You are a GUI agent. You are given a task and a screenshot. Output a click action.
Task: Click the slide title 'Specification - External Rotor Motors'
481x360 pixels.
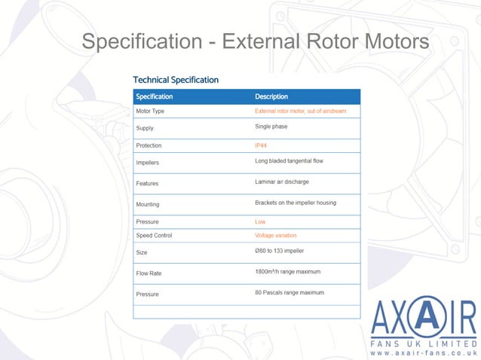click(x=255, y=41)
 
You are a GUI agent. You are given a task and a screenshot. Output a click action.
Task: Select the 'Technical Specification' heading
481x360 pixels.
click(x=176, y=79)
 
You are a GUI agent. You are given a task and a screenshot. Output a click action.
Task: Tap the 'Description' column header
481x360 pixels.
click(x=271, y=96)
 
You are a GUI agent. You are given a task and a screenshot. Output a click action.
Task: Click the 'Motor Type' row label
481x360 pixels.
click(x=150, y=111)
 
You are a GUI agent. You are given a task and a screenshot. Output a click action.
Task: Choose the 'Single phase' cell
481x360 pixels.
click(x=271, y=127)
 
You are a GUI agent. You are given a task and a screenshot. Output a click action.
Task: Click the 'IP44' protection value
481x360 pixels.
click(x=262, y=145)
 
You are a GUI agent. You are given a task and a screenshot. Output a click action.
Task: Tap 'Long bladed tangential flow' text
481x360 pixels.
click(x=289, y=161)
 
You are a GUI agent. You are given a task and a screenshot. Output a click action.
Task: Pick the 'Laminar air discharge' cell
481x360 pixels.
click(x=282, y=182)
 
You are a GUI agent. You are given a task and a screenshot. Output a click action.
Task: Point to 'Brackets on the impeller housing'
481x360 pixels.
click(x=296, y=202)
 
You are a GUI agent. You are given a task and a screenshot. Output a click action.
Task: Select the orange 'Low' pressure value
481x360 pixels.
click(x=260, y=222)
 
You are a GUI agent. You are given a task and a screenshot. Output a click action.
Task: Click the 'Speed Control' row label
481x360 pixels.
click(x=154, y=236)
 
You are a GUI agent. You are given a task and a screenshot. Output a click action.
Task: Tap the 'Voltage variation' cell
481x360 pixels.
click(x=276, y=236)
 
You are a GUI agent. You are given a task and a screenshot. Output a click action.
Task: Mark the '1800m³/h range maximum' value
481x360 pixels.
click(x=288, y=270)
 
